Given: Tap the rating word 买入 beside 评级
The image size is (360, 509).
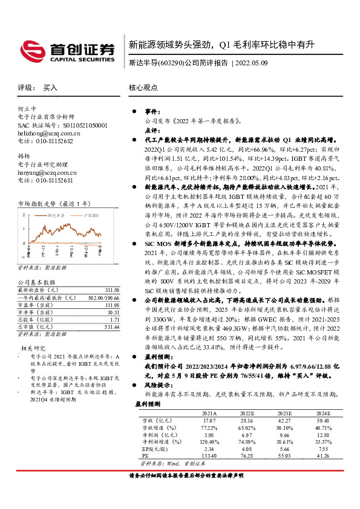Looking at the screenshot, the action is pos(50,88).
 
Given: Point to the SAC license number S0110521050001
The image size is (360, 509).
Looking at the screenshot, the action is pos(80,125).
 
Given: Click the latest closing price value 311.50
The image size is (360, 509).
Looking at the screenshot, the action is pos(110,290).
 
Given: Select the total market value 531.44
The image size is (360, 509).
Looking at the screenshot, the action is pos(110,326).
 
